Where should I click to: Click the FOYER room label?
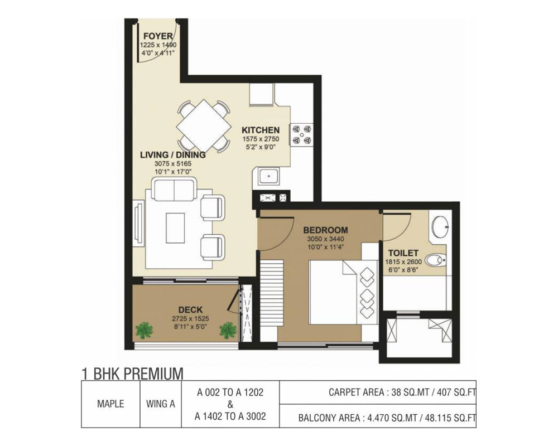point(158,36)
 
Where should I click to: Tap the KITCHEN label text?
point(261,130)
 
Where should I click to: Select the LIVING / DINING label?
point(172,155)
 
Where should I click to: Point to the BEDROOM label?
point(326,230)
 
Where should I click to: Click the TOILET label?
point(403,253)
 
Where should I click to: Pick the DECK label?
point(190,310)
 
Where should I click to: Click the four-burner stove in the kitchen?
point(302,135)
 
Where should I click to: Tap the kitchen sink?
point(269,176)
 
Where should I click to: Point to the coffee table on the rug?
point(175,228)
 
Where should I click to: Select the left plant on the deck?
point(144,331)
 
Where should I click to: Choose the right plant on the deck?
point(228,331)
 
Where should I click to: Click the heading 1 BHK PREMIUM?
point(132,374)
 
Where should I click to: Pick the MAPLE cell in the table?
point(110,404)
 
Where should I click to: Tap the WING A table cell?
point(161,404)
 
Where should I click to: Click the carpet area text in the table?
point(402,392)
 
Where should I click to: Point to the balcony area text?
point(387,418)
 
